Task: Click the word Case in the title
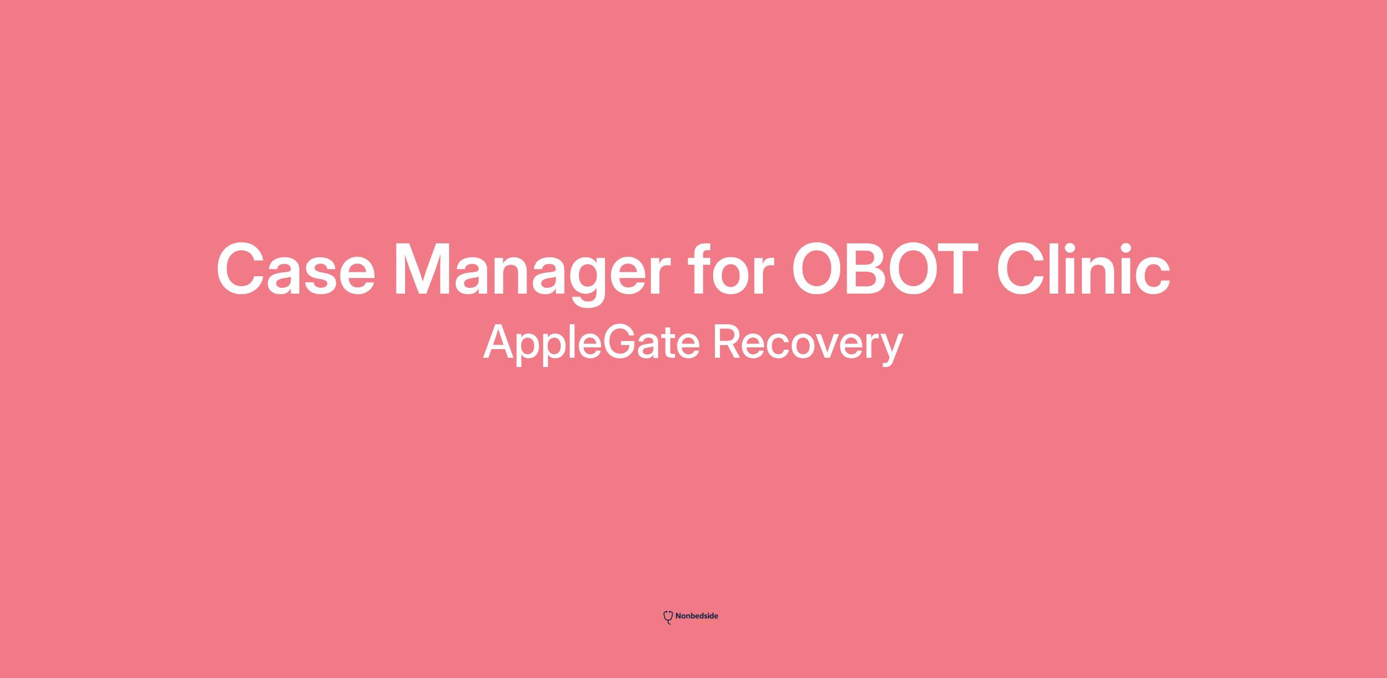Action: pyautogui.click(x=295, y=269)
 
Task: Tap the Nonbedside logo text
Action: pyautogui.click(x=696, y=616)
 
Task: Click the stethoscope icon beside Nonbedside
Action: pyautogui.click(x=668, y=617)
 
